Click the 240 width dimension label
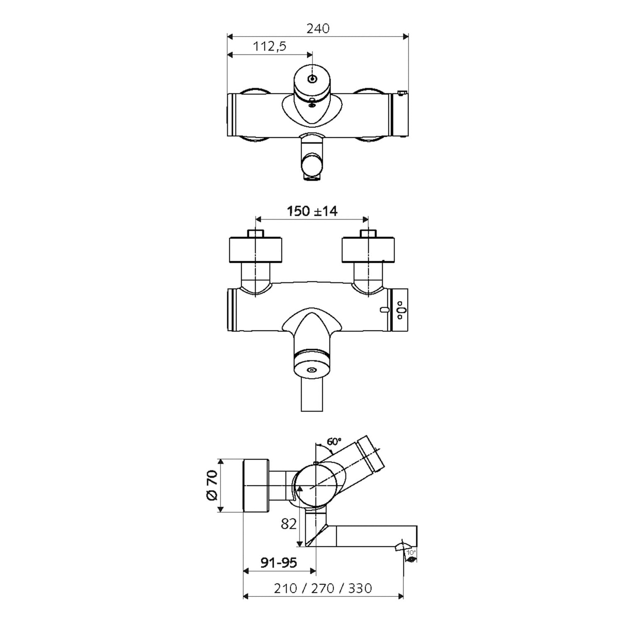coord(318,28)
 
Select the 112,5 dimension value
coord(270,46)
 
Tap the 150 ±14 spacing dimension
coord(312,211)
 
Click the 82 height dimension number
coord(289,524)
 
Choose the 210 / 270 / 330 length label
coord(323,588)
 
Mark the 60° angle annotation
coord(334,441)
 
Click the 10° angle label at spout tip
coord(411,552)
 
